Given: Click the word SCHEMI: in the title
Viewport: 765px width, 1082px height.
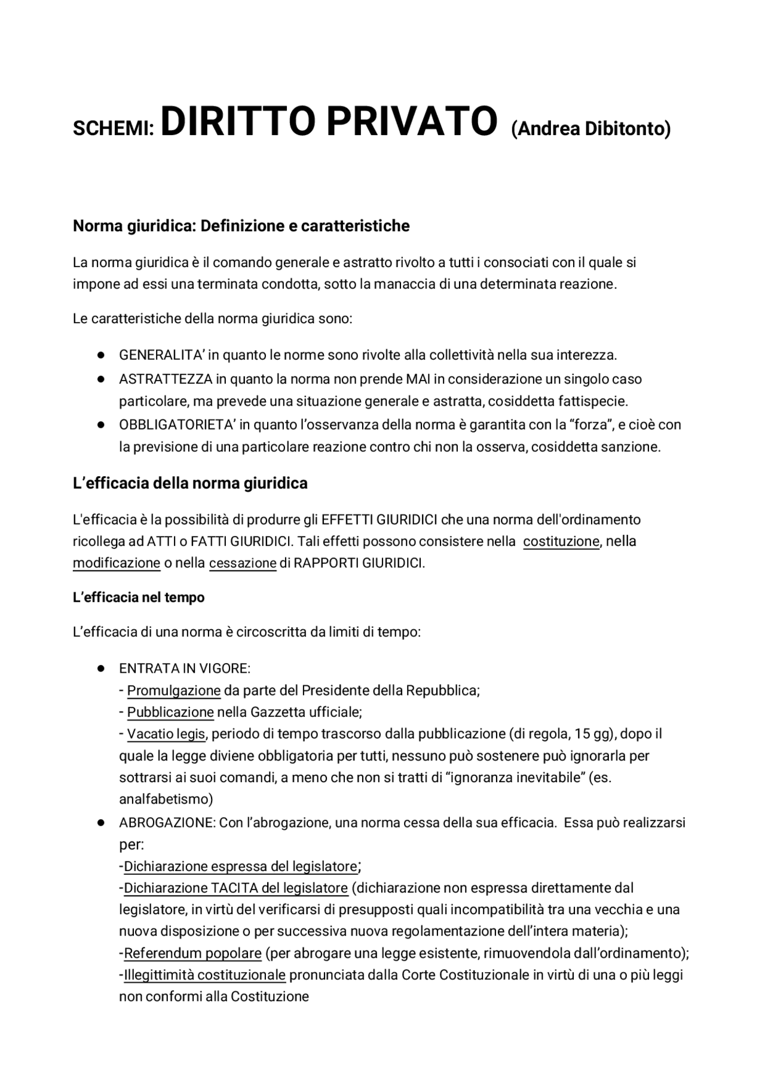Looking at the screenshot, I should (114, 129).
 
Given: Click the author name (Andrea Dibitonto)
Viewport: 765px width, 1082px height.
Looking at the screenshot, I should (590, 128).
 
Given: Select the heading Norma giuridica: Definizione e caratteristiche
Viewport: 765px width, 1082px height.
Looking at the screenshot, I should (241, 226).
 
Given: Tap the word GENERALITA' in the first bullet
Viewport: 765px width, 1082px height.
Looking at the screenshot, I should (161, 355).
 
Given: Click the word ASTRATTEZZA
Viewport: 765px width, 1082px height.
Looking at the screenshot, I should (166, 379).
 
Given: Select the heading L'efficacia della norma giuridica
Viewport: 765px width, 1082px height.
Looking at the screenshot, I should (190, 483).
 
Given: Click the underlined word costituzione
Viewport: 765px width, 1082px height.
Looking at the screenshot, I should (561, 541).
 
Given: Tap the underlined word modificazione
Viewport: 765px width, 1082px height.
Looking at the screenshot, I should (117, 563).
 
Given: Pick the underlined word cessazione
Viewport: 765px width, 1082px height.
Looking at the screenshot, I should (243, 563).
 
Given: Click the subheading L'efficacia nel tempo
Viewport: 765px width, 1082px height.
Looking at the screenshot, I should (139, 597).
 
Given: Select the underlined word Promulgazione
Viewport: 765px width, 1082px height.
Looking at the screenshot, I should (174, 691).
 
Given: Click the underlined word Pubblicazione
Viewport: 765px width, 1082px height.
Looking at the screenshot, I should (170, 712).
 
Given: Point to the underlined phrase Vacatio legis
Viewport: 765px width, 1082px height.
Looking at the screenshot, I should (166, 734).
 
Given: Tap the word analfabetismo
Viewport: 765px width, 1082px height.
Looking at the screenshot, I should (164, 799).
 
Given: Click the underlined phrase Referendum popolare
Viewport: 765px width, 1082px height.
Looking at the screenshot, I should (192, 953).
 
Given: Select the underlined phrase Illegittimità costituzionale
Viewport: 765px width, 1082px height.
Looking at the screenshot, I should (204, 975).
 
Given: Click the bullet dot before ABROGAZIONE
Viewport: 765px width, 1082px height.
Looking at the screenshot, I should (101, 823).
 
